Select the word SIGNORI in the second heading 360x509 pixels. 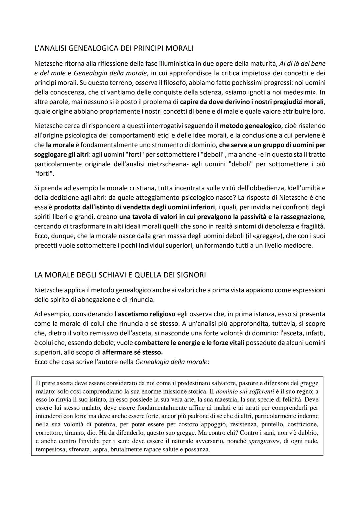click(190, 275)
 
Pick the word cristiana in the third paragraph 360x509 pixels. click(138, 188)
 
